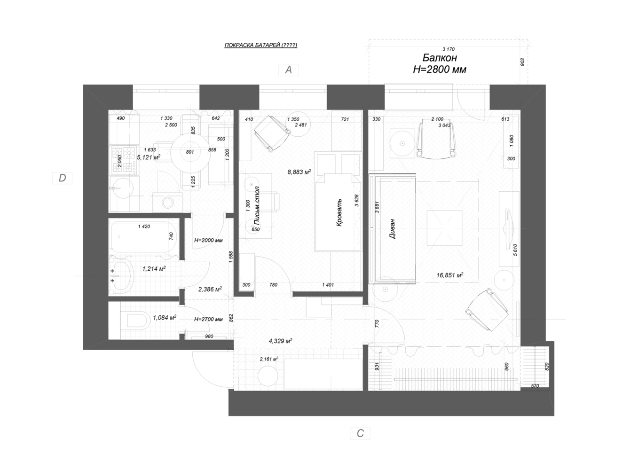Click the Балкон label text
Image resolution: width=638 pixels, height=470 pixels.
point(440,58)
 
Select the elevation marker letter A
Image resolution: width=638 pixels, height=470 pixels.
point(289,70)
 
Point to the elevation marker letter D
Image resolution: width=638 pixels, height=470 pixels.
point(62,178)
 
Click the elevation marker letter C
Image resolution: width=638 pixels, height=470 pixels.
point(360,433)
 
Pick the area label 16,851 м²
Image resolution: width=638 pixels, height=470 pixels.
point(450,275)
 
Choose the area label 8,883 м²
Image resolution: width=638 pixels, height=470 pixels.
point(299,172)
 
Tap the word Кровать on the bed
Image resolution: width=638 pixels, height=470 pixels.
point(339,212)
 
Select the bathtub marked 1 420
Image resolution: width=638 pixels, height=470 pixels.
point(144,237)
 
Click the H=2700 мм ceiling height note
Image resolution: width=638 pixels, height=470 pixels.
point(208,320)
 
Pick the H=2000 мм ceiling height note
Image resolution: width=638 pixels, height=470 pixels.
point(208,240)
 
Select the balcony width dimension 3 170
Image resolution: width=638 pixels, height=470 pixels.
point(449,49)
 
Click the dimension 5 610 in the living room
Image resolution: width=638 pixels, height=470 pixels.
point(515,250)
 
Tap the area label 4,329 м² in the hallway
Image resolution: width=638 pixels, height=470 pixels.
point(281,341)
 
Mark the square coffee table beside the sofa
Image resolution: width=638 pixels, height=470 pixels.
point(444,228)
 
